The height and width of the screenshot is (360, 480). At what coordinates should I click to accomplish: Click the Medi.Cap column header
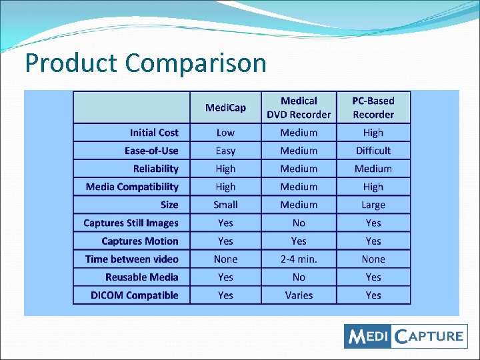tap(225, 107)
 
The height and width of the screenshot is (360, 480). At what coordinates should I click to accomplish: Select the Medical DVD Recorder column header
tap(299, 107)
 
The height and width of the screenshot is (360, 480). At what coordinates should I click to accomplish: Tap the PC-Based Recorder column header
tap(373, 107)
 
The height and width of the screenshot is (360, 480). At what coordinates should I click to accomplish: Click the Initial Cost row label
tap(154, 133)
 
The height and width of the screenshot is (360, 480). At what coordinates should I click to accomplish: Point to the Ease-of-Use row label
tap(151, 151)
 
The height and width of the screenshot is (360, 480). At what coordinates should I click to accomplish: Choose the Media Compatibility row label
tap(132, 187)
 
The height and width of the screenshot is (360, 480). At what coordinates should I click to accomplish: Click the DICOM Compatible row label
tap(135, 295)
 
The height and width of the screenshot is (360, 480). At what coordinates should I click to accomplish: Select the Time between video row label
tap(132, 259)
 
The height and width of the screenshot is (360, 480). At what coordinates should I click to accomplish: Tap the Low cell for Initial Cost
tap(225, 133)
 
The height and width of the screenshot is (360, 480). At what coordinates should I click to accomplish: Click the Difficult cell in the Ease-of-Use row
tap(373, 151)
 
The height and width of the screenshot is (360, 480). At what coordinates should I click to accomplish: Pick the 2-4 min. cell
tap(299, 259)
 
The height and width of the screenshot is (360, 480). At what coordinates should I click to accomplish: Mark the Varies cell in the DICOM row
tap(299, 295)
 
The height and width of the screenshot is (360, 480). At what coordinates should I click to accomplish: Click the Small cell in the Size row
tap(225, 205)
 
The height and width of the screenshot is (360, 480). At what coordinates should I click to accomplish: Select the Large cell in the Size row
tap(373, 205)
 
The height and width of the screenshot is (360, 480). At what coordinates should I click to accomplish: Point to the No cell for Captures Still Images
tap(299, 223)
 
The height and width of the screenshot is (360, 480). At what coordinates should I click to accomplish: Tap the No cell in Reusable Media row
tap(299, 277)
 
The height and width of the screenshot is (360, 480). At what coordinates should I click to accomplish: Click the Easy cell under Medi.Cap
tap(225, 151)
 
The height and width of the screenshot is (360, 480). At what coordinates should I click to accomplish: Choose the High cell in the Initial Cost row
tap(373, 133)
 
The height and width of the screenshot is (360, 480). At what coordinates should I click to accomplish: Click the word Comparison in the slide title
tap(195, 63)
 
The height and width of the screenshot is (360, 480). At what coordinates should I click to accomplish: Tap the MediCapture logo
tap(405, 335)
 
